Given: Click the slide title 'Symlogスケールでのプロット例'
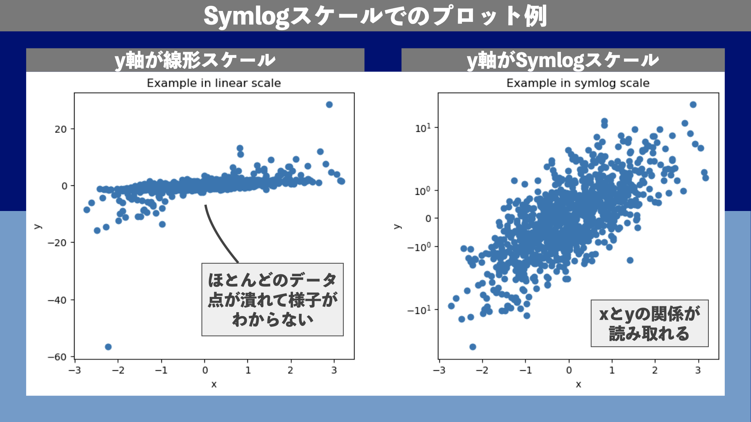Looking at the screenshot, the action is click(375, 16).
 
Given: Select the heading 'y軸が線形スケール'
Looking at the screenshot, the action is click(195, 61).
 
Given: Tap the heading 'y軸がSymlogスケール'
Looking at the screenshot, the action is click(563, 61).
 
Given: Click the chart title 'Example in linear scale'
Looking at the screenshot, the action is click(214, 83).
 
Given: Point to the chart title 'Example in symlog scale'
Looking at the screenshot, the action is click(578, 83).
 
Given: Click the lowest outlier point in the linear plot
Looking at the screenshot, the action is click(108, 347).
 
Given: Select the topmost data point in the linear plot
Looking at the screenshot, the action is click(329, 105).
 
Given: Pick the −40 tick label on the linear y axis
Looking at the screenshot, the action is click(57, 300).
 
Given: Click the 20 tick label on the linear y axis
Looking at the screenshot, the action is click(61, 129).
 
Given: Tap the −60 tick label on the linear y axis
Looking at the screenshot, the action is click(57, 357).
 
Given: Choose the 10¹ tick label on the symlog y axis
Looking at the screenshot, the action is click(423, 128).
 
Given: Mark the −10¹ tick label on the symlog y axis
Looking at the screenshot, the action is click(419, 310).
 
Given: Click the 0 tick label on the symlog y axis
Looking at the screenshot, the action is click(428, 218).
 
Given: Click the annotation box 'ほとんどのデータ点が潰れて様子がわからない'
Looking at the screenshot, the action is click(273, 300).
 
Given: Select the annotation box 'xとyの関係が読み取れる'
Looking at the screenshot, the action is click(650, 324).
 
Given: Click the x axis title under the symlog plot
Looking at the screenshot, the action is click(579, 384).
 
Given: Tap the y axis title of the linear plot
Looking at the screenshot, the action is click(38, 226).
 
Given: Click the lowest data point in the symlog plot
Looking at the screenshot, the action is click(473, 347).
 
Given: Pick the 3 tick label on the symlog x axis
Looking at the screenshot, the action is click(698, 370).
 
